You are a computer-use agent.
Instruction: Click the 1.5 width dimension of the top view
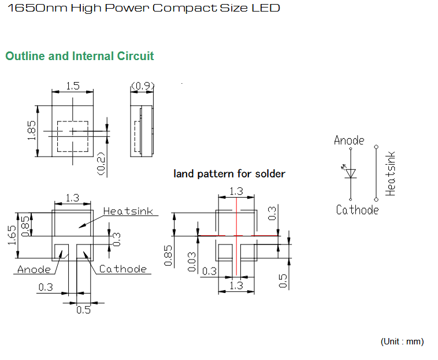point(73,86)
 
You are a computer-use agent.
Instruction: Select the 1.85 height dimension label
point(32,131)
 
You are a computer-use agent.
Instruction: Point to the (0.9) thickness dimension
point(143,86)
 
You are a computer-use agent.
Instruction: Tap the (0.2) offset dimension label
point(101,164)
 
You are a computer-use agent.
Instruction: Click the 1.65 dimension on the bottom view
point(12,235)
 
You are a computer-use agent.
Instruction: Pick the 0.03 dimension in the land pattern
point(192,262)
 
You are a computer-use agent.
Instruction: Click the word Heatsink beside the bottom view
point(128,211)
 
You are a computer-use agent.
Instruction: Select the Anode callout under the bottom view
point(34,269)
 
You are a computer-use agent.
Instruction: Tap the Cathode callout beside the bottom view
point(123,269)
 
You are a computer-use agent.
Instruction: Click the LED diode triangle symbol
point(351,173)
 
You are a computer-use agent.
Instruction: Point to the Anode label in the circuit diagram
point(349,140)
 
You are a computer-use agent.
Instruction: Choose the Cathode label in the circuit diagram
point(357,210)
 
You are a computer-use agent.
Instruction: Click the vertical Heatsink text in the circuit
point(390,173)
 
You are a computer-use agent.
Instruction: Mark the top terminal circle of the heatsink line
point(376,147)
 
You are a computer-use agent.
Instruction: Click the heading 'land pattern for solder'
point(229,174)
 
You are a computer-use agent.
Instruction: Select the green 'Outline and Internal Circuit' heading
point(80,56)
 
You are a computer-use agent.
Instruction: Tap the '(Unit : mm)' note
point(402,342)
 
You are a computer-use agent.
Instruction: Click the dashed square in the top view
point(73,121)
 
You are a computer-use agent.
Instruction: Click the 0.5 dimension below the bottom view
point(84,310)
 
